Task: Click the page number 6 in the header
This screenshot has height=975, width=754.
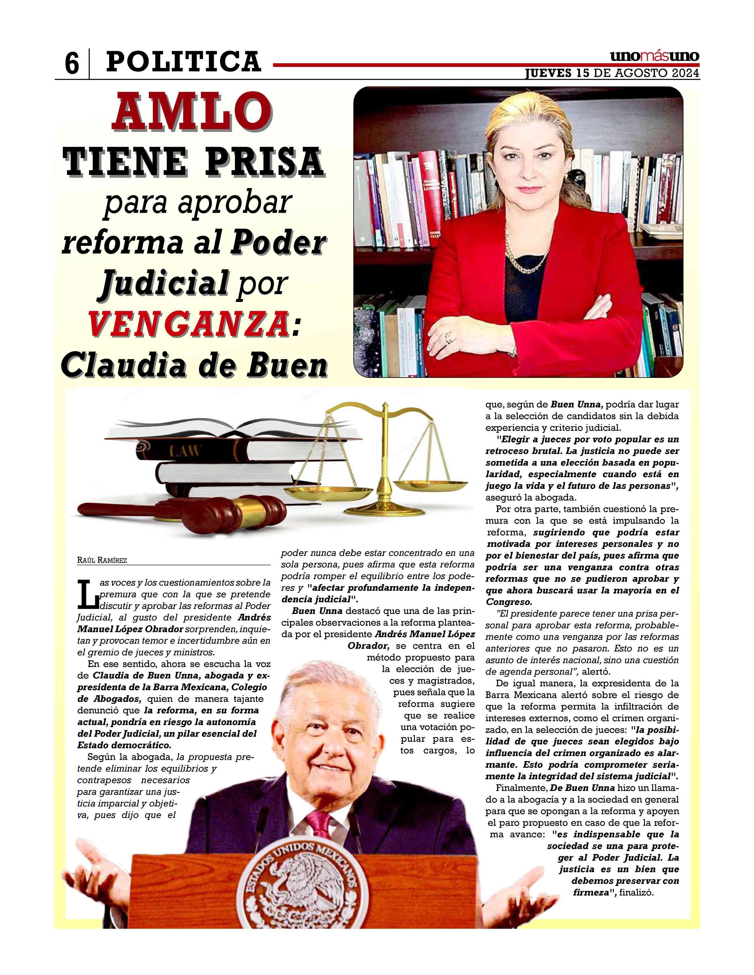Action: click(72, 64)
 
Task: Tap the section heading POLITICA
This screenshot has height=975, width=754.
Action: click(183, 62)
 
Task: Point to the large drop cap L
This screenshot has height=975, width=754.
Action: click(88, 594)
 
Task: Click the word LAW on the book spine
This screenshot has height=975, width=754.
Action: click(184, 451)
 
